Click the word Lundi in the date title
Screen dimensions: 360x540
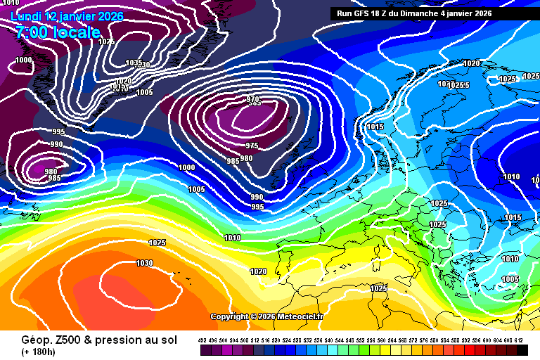pyautogui.click(x=26, y=15)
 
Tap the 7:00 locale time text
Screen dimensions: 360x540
pyautogui.click(x=57, y=32)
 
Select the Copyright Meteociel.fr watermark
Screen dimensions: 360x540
pyautogui.click(x=266, y=316)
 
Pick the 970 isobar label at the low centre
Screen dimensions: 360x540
pyautogui.click(x=253, y=100)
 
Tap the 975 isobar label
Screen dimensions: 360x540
pyautogui.click(x=251, y=146)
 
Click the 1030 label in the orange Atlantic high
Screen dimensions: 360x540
pyautogui.click(x=144, y=263)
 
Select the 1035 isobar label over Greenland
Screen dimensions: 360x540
pyautogui.click(x=132, y=63)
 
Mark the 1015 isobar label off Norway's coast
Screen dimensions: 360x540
pyautogui.click(x=375, y=127)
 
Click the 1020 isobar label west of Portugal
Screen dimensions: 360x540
pyautogui.click(x=258, y=271)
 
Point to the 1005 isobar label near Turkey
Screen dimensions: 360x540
pyautogui.click(x=510, y=279)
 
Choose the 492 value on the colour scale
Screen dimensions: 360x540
pyautogui.click(x=202, y=340)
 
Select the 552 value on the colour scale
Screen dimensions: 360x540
pyautogui.click(x=361, y=340)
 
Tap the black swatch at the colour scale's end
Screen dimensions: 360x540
pyautogui.click(x=522, y=349)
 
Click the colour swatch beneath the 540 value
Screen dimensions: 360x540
pyautogui.click(x=330, y=349)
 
